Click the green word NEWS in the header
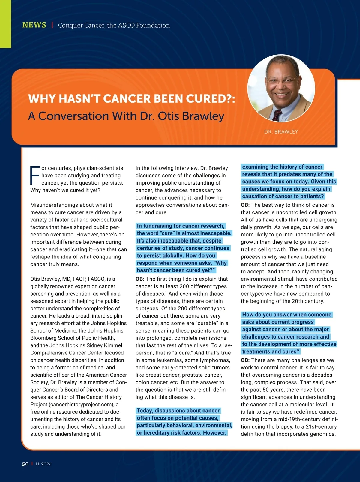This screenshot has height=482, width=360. point(34,25)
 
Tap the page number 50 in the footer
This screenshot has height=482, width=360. point(25,464)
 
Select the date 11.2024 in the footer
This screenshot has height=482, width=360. point(43,464)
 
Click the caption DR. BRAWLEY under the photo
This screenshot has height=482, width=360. point(281,132)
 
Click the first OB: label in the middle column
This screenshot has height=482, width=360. point(140,279)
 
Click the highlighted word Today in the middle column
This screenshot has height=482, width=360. point(145,411)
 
